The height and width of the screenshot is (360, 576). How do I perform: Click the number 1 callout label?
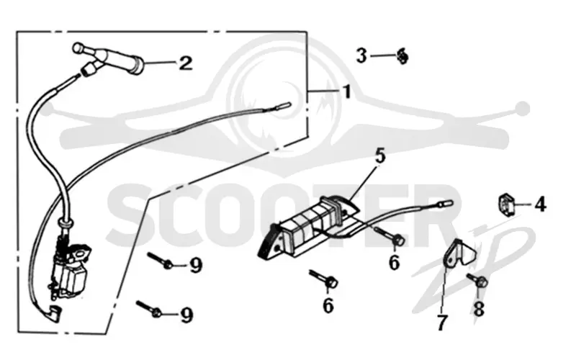(x=346, y=91)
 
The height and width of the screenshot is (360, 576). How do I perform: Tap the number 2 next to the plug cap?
(x=185, y=63)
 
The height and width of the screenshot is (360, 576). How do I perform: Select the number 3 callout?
(x=362, y=56)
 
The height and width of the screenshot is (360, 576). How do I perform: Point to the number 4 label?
(x=540, y=204)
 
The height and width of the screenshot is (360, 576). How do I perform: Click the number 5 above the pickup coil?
(x=380, y=156)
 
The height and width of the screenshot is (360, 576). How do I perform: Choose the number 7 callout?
(x=442, y=323)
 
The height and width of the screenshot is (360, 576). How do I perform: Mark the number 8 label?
(x=479, y=309)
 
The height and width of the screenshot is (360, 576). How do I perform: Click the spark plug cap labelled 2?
(x=110, y=58)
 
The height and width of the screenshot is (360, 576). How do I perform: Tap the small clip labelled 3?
(x=403, y=56)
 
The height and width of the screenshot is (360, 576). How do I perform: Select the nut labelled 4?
(x=505, y=203)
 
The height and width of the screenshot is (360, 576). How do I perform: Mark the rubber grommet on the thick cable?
(x=66, y=223)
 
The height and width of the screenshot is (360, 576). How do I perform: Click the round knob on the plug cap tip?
(x=78, y=48)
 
